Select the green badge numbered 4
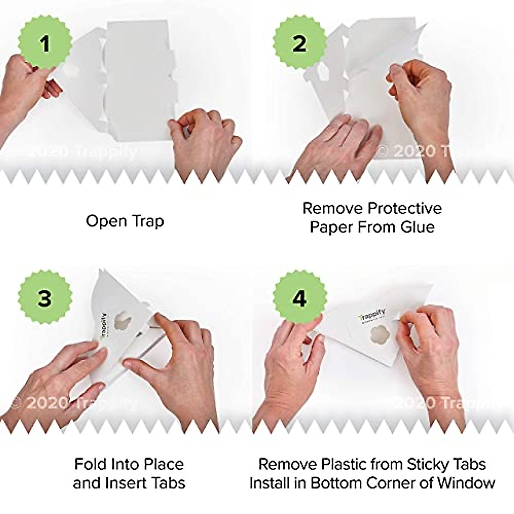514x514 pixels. pos(299,298)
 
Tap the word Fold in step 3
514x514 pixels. pos(91,464)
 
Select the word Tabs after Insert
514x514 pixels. pos(168,483)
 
